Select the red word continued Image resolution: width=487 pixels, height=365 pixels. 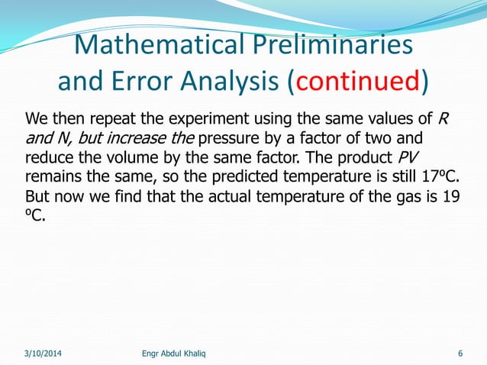click(356, 81)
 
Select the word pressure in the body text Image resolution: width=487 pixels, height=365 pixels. click(228, 139)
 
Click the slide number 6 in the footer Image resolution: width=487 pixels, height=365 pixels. click(460, 353)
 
